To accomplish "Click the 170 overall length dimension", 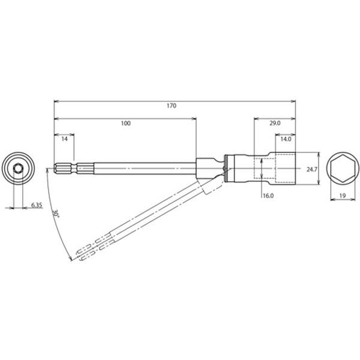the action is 172,106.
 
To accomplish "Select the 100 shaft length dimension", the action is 126,123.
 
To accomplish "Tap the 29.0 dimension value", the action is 275,123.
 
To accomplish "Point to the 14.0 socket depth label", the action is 286,139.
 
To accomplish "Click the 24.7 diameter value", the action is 312,169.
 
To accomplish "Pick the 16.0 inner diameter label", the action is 268,196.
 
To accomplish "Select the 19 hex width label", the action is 343,196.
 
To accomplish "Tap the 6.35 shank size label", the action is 37,205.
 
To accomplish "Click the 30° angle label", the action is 56,214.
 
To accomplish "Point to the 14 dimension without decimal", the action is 65,139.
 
